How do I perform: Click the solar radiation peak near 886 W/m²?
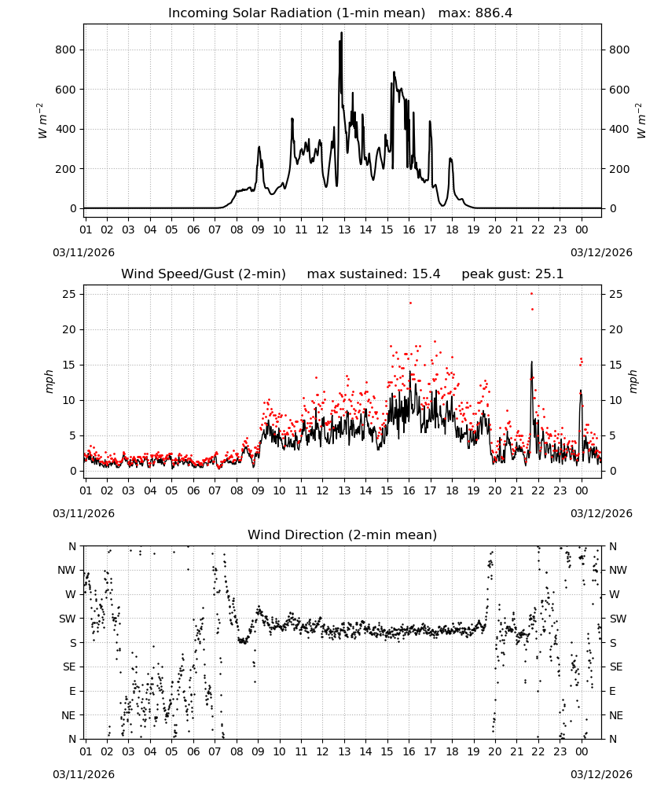pyautogui.click(x=342, y=33)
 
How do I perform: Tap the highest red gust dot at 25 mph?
pyautogui.click(x=532, y=294)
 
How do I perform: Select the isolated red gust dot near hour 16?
pyautogui.click(x=410, y=303)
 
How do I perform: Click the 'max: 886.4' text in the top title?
pyautogui.click(x=475, y=13)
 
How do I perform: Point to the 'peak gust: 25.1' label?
pyautogui.click(x=512, y=274)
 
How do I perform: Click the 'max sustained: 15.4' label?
pyautogui.click(x=373, y=274)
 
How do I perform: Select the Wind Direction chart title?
pyautogui.click(x=343, y=534)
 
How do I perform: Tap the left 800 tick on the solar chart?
pyautogui.click(x=66, y=50)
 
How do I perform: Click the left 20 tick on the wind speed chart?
pyautogui.click(x=70, y=329)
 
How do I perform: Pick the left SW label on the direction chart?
pyautogui.click(x=68, y=619)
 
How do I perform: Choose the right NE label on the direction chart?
pyautogui.click(x=616, y=715)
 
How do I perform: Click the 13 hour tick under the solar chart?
pyautogui.click(x=343, y=230)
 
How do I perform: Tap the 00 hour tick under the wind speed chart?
pyautogui.click(x=582, y=490)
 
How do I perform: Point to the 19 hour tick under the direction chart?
pyautogui.click(x=473, y=751)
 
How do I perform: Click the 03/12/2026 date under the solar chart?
pyautogui.click(x=601, y=252)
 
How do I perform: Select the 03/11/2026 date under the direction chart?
pyautogui.click(x=83, y=774)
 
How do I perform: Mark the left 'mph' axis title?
pyautogui.click(x=49, y=381)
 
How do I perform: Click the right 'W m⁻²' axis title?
pyautogui.click(x=641, y=121)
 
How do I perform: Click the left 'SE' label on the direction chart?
pyautogui.click(x=69, y=667)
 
